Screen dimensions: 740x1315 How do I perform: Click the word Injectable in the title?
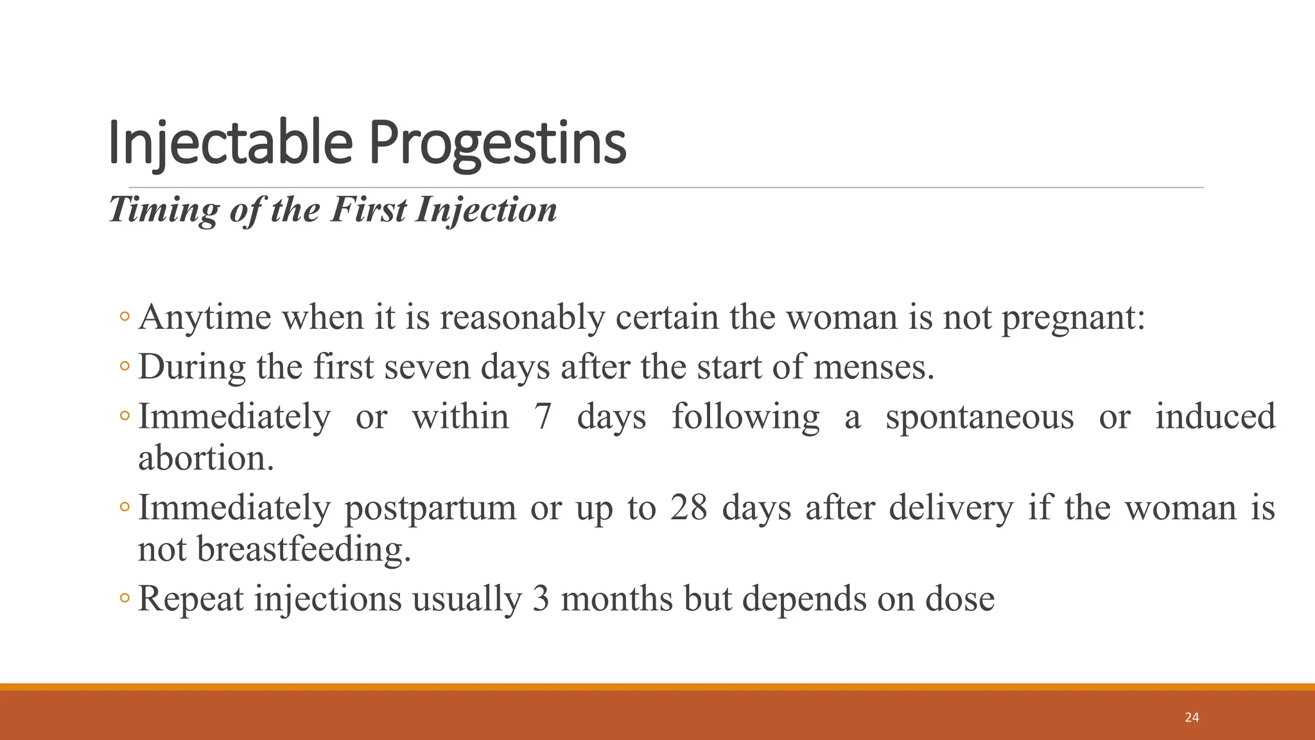(x=231, y=143)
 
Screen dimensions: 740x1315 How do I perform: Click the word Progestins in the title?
(x=497, y=143)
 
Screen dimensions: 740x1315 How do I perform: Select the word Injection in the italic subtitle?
(x=486, y=209)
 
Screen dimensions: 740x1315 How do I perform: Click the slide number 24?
(x=1192, y=718)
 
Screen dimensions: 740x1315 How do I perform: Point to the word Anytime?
(x=204, y=317)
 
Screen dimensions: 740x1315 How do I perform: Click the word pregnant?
(x=1073, y=317)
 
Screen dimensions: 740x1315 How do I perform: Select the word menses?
(x=873, y=367)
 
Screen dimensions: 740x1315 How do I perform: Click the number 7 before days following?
(x=543, y=416)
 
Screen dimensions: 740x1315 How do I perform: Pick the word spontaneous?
(x=979, y=416)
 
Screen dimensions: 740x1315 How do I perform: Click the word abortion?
(x=206, y=458)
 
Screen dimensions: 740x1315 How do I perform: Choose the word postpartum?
(x=430, y=507)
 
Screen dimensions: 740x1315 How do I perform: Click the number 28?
(x=688, y=507)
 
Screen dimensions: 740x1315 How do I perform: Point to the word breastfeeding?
(x=303, y=549)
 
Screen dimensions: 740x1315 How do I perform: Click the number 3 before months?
(x=541, y=599)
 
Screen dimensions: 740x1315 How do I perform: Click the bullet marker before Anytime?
(x=125, y=317)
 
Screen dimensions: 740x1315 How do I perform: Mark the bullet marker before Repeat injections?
(x=125, y=598)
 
